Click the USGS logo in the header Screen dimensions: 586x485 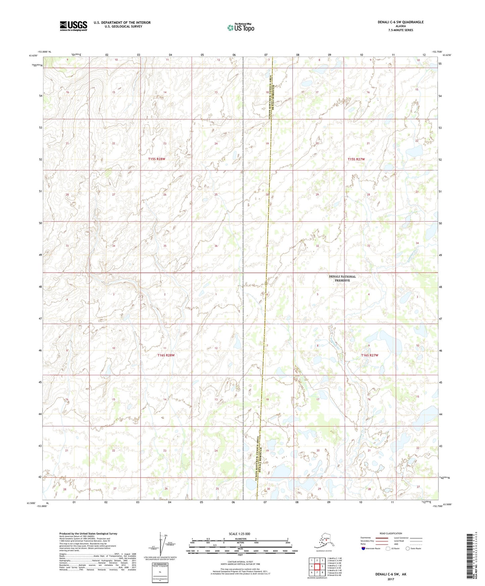73,26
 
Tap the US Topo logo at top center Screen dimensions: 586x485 240,27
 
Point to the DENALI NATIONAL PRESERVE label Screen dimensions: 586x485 342,278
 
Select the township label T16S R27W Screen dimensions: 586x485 370,355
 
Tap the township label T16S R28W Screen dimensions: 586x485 166,355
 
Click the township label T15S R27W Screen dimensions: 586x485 356,159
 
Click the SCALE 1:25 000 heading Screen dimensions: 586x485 239,534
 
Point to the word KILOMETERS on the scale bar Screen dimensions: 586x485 240,539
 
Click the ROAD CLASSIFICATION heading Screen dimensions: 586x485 390,533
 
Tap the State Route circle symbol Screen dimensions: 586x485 407,548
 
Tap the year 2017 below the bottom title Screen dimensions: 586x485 390,579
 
